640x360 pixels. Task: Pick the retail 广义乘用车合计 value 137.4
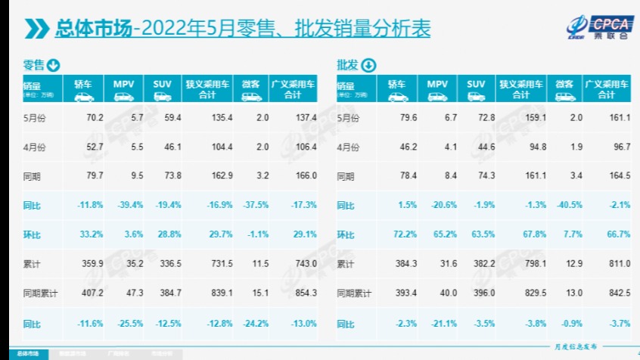(x=306, y=117)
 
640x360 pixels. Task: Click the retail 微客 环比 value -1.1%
(x=257, y=234)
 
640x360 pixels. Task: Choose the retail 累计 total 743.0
(x=306, y=264)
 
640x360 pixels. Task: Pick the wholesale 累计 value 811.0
(x=618, y=264)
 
